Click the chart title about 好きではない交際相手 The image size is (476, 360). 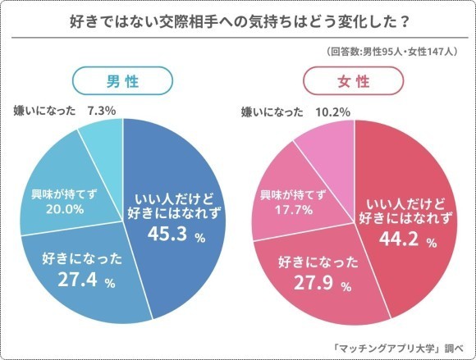pyautogui.click(x=238, y=22)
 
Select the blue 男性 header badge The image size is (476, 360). pyautogui.click(x=122, y=82)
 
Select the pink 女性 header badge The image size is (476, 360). pyautogui.click(x=355, y=82)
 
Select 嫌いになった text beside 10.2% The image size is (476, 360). pyautogui.click(x=275, y=112)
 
